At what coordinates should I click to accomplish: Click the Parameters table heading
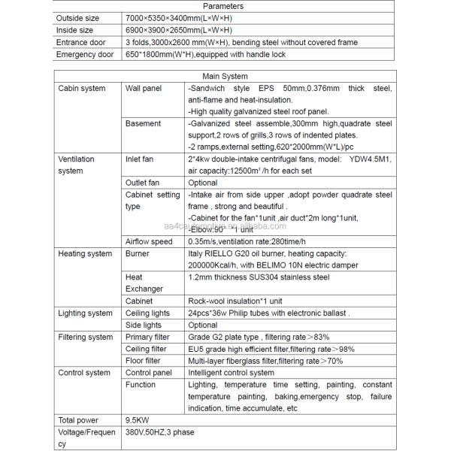coord(224,6)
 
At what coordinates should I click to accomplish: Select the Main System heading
coord(224,77)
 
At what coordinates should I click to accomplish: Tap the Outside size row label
coord(77,18)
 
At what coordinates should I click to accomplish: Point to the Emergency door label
coord(84,54)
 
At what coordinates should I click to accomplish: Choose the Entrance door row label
coord(82,42)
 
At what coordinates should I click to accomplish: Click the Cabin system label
coord(82,89)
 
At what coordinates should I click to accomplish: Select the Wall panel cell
coord(143,89)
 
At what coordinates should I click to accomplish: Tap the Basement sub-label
coord(143,123)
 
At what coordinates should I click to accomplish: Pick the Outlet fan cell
coord(143,183)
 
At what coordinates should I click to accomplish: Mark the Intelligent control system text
coord(231,373)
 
